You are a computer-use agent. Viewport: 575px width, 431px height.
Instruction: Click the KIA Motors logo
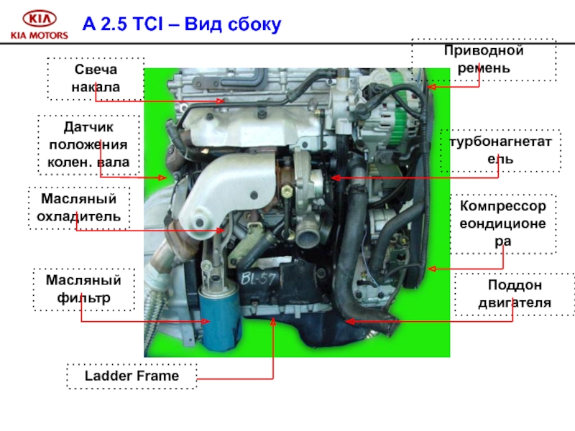point(40,24)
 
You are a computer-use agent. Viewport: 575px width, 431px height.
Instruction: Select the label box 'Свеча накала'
point(96,78)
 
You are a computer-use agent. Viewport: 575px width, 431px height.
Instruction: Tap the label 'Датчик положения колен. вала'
point(88,144)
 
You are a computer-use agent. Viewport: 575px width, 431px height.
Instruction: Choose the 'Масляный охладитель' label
point(79,207)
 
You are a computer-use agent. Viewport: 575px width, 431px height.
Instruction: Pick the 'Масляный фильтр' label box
point(83,289)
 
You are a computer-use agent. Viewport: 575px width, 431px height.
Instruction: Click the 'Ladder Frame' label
point(132,376)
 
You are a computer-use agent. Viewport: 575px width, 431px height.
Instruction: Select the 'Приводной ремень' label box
point(483,60)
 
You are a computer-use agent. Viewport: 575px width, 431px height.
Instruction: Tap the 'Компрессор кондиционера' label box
point(503,223)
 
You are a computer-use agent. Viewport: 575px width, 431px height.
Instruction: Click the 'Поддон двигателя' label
point(515,295)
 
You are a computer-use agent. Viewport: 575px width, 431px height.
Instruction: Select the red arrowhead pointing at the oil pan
point(347,321)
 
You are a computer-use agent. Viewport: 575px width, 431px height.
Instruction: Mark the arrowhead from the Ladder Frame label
point(273,323)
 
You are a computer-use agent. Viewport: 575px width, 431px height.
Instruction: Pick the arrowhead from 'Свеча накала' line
point(224,101)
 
